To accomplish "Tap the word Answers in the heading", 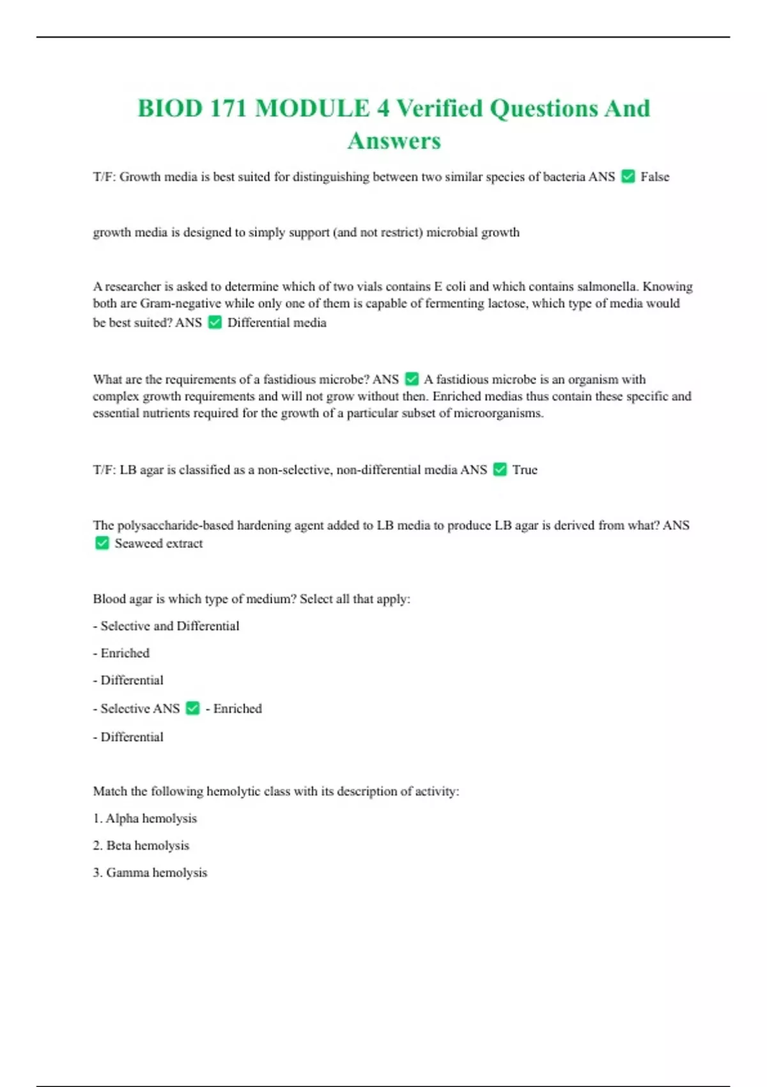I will [x=394, y=141].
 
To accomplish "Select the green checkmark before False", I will [x=628, y=176].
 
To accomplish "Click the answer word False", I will [x=655, y=177].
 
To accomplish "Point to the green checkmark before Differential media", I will [x=215, y=322].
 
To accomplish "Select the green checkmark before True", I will [x=500, y=469].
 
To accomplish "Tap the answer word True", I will [x=525, y=470].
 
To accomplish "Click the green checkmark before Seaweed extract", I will [x=102, y=543].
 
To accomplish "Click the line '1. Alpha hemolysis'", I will [x=145, y=818].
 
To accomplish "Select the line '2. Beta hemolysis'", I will [x=141, y=845].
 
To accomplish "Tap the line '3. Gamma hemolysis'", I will [x=150, y=873].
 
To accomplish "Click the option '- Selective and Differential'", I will [x=166, y=626].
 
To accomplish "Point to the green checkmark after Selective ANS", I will [x=192, y=708].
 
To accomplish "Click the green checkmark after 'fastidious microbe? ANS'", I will [x=412, y=379].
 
